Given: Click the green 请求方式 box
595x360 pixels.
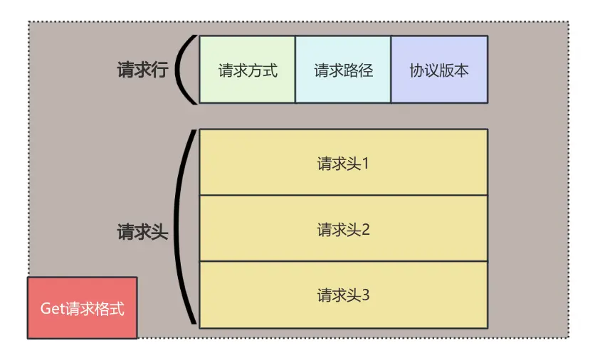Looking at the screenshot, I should click(247, 70).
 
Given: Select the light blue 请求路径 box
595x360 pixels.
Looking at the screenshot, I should click(343, 70).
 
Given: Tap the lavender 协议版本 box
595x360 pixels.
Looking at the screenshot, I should click(439, 70).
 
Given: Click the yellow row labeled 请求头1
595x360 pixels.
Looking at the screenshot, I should click(343, 163).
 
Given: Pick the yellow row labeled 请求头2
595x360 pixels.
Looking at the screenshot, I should click(343, 229).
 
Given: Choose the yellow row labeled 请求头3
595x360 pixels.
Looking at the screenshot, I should click(343, 295).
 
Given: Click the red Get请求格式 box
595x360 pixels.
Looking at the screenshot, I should click(82, 308).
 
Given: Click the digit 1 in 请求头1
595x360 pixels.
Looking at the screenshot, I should click(366, 164).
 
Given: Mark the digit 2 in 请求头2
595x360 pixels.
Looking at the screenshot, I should click(366, 230).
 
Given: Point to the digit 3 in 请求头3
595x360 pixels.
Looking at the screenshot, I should click(366, 295).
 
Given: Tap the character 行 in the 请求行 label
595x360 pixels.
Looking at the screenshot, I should click(159, 70).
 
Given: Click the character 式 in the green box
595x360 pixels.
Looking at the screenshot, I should click(270, 70).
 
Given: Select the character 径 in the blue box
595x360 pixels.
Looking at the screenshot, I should click(366, 70).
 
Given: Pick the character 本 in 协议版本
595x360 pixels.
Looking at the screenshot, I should click(461, 70).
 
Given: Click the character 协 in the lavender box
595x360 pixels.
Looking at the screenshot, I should click(417, 70).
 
